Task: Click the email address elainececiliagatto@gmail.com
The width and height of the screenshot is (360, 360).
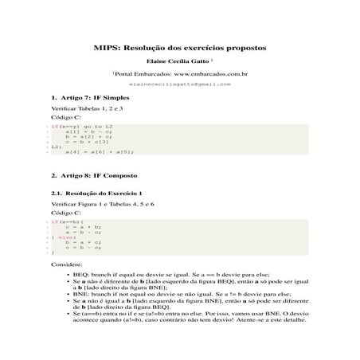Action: click(x=179, y=83)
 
